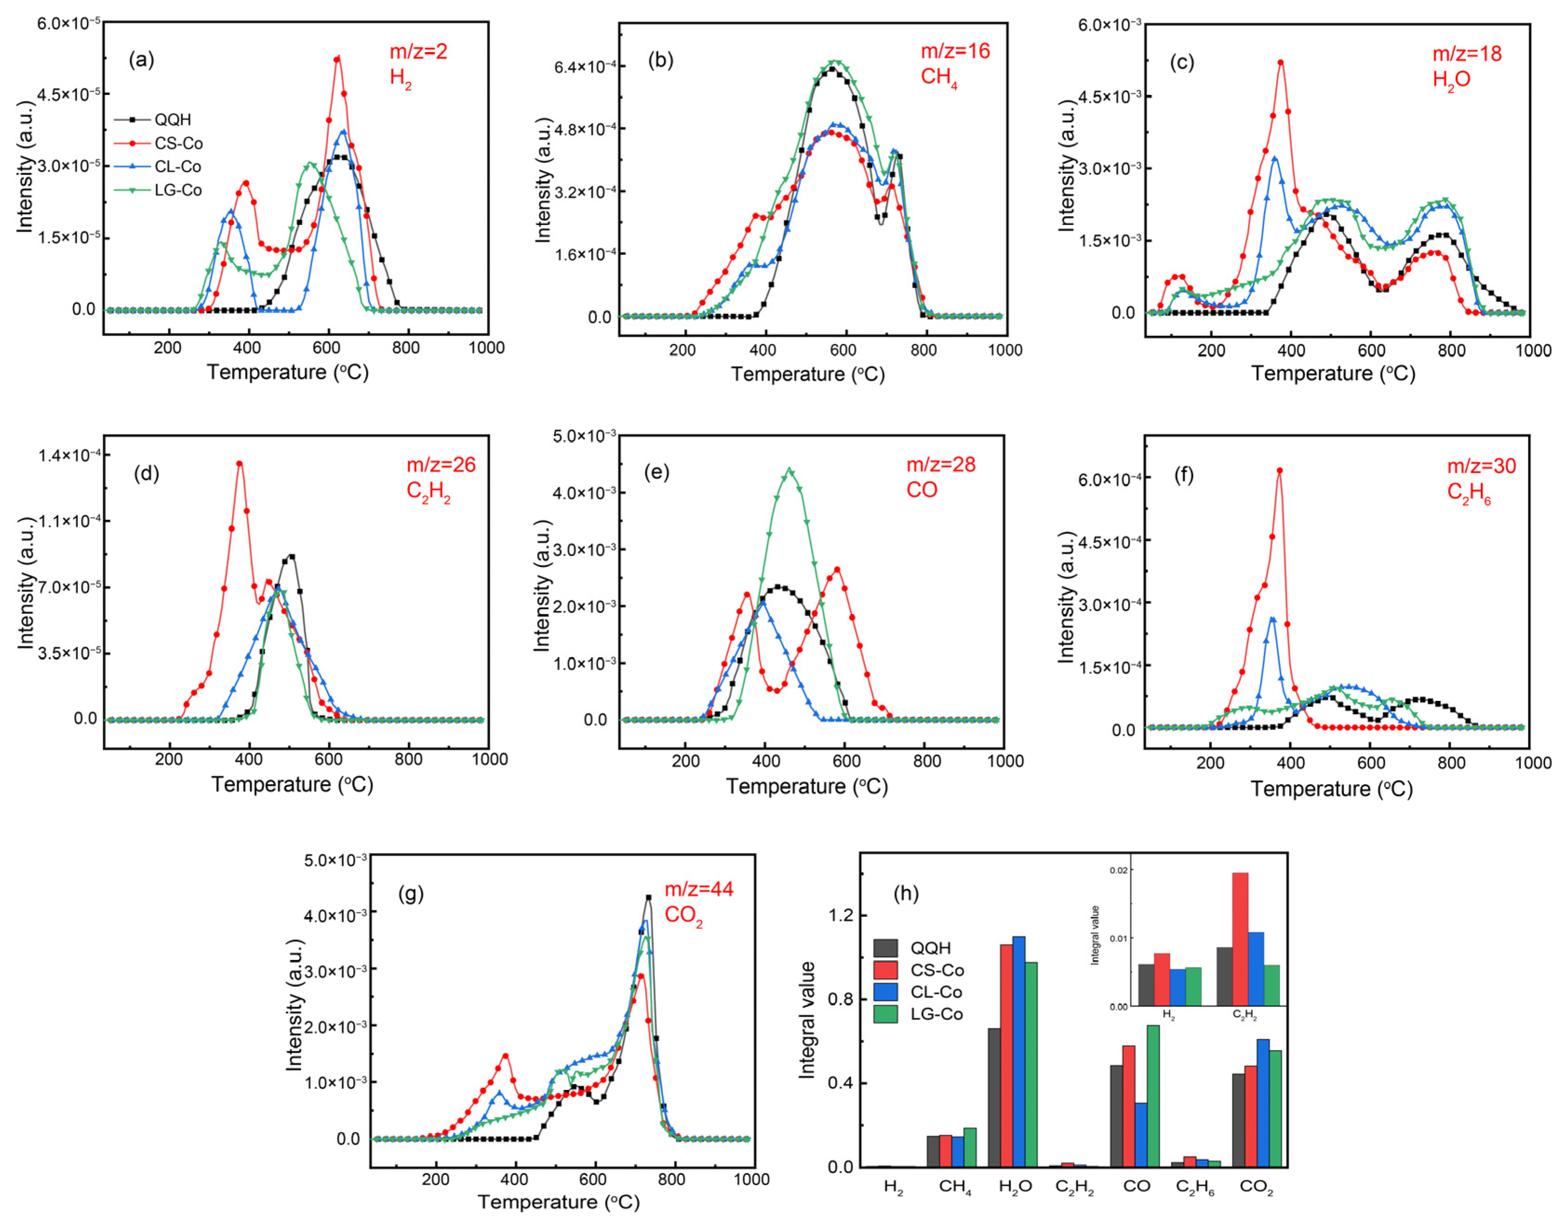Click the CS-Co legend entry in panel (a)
(x=179, y=143)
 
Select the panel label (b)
(x=660, y=60)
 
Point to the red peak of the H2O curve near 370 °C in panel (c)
(x=1280, y=63)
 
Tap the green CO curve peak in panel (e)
(x=789, y=470)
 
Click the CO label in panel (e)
(x=921, y=490)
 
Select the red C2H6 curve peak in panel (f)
(x=1280, y=470)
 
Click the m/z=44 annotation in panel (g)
(x=699, y=889)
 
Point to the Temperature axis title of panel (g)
(x=558, y=1202)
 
